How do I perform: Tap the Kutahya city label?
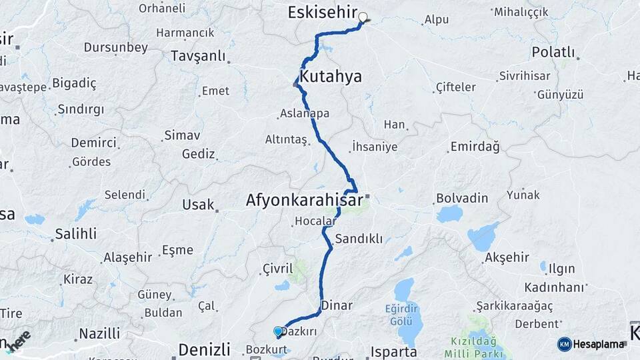coord(331,77)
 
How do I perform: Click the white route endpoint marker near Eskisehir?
coord(363,17)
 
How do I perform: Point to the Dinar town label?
coord(337,305)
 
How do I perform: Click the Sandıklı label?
coord(359,239)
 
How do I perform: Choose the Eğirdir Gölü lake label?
coord(404,313)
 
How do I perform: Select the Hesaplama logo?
coord(592,344)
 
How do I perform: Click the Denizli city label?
coord(204,349)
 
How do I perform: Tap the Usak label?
coord(198,205)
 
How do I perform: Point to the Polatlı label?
coord(553,52)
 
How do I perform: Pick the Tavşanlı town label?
coord(198,56)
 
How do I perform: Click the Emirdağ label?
coord(475,146)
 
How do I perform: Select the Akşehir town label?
coord(507,257)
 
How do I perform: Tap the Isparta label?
coord(395,351)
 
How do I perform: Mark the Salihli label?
coord(75,233)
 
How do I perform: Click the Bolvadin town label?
coord(462,198)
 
